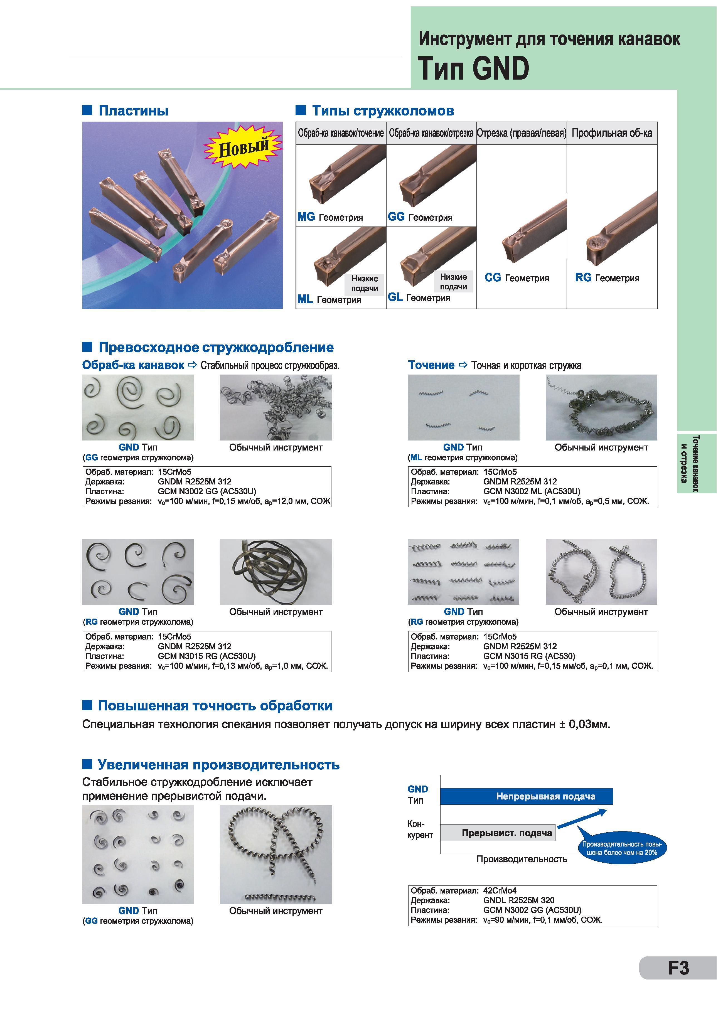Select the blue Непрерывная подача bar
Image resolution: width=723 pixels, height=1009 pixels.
(x=526, y=796)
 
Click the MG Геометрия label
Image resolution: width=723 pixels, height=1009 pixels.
(x=330, y=217)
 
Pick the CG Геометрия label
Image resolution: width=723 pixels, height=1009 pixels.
(x=517, y=278)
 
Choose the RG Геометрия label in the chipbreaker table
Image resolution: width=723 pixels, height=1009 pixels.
(x=607, y=278)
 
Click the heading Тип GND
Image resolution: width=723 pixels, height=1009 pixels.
(x=473, y=68)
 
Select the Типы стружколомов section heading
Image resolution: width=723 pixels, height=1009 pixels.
(x=383, y=111)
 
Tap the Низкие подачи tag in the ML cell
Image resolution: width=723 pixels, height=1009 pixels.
(x=364, y=283)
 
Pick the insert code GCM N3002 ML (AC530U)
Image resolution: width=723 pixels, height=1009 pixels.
(x=532, y=491)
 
